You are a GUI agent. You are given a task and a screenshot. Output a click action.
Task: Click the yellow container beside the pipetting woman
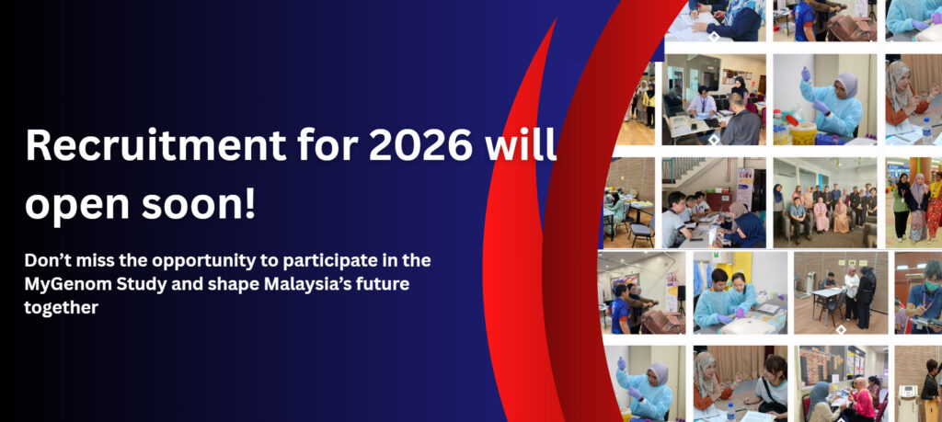[x=803, y=134]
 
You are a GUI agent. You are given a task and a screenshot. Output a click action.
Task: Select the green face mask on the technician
[x=933, y=286]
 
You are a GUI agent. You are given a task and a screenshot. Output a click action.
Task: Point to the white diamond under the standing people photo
[x=840, y=329]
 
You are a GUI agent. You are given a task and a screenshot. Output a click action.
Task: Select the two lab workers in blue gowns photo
[x=740, y=296]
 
